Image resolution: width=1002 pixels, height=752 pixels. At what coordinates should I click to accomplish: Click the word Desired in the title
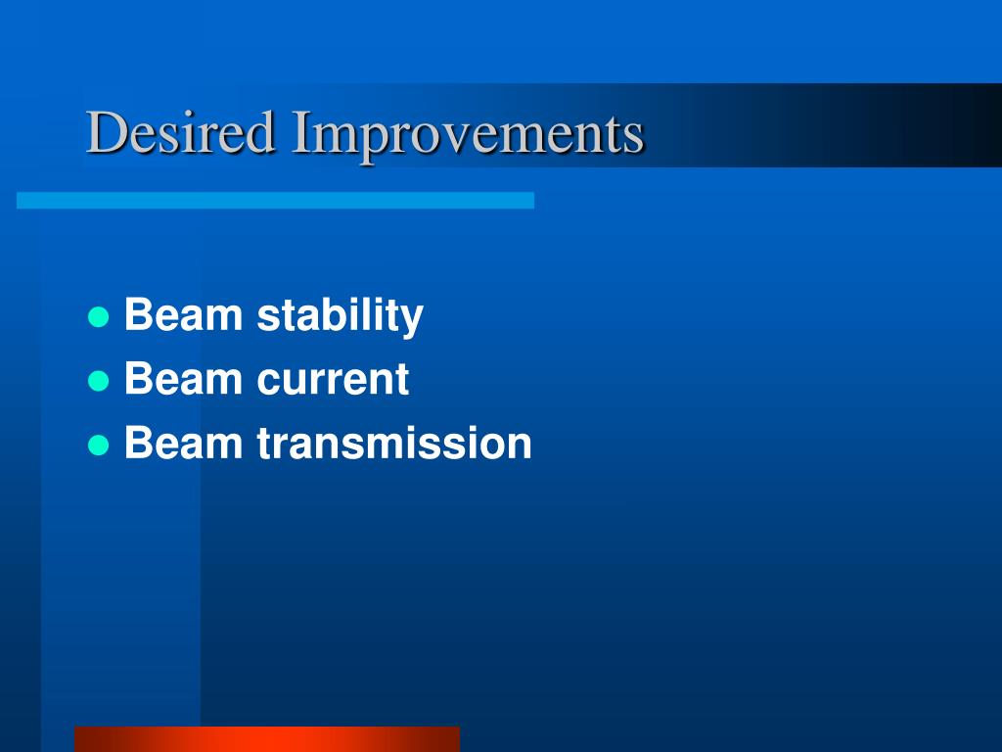tap(181, 132)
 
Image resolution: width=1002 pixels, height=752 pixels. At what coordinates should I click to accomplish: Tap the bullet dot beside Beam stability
tap(99, 316)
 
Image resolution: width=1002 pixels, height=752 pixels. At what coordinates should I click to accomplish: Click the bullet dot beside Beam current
tap(99, 381)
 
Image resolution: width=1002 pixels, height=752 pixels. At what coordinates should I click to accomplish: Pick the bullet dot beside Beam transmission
tap(99, 445)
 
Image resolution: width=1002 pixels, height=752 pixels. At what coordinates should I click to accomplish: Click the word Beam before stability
tap(183, 314)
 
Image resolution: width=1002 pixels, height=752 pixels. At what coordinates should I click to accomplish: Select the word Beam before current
tap(183, 379)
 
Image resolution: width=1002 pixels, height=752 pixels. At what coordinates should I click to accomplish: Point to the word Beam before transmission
tap(183, 443)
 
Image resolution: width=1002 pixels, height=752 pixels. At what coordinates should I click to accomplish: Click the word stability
tap(340, 316)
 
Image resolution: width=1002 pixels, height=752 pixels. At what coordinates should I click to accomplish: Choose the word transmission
tap(394, 443)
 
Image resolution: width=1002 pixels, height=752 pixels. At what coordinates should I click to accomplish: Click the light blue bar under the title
tap(275, 200)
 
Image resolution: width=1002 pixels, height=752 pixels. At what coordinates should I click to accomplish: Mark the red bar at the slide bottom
tap(267, 739)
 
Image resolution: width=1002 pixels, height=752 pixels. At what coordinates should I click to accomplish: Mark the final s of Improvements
tap(634, 139)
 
